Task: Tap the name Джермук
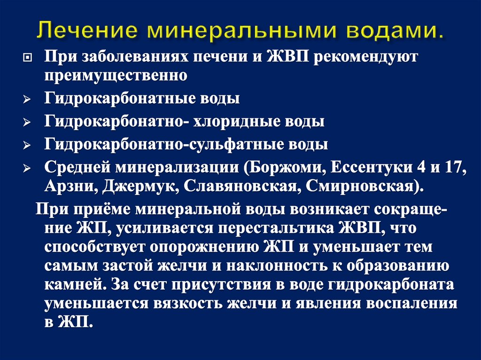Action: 139,184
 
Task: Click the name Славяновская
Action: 237,184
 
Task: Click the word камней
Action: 73,284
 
